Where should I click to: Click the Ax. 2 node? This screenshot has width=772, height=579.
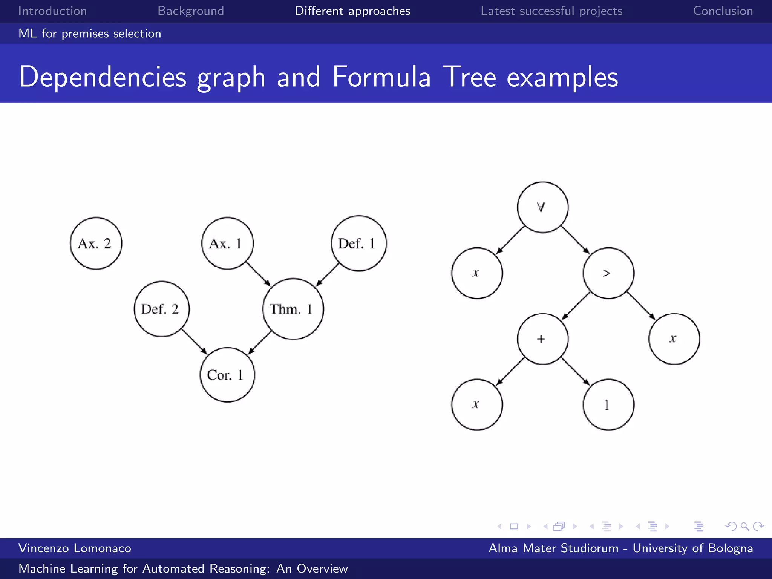96,243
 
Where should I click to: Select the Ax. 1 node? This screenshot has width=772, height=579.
227,243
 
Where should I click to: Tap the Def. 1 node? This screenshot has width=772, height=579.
358,243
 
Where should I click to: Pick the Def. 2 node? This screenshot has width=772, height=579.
162,309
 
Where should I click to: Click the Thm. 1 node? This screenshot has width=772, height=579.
293,309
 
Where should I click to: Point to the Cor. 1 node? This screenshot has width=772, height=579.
227,375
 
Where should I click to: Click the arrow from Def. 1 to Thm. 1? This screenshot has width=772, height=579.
327,275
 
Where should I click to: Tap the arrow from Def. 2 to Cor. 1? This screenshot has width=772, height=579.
194,342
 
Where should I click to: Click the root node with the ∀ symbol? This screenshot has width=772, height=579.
542,207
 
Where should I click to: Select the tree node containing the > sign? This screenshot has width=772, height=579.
608,273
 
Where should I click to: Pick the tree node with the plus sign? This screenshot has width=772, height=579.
542,339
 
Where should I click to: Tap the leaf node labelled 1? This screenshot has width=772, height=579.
608,404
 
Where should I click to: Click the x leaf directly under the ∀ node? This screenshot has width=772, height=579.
477,273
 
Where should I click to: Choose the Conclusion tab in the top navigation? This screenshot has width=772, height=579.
723,11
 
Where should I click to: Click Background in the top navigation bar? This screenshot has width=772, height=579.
191,11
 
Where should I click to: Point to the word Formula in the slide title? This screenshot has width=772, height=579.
381,77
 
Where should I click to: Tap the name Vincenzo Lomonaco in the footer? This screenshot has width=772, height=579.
75,548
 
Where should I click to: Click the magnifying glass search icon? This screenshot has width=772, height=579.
744,526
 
